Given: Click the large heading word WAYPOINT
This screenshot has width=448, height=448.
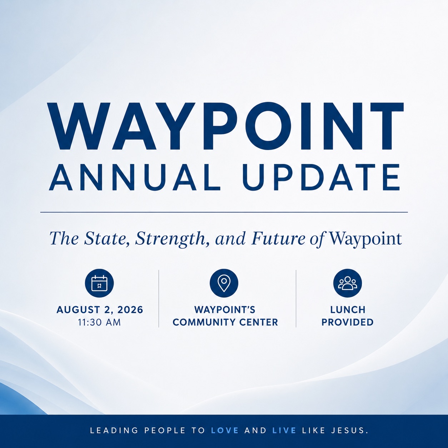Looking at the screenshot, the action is pyautogui.click(x=225, y=126).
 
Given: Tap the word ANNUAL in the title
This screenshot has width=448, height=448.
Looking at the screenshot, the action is pyautogui.click(x=135, y=177).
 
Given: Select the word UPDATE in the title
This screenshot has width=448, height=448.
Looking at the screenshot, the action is pyautogui.click(x=321, y=177).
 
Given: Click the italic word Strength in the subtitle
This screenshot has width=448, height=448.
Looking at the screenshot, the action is pyautogui.click(x=170, y=239).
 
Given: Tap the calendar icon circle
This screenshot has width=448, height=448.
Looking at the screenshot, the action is pyautogui.click(x=100, y=283).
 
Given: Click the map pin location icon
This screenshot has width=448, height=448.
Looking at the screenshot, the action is pyautogui.click(x=224, y=283).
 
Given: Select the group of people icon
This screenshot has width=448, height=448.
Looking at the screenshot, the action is pyautogui.click(x=348, y=283).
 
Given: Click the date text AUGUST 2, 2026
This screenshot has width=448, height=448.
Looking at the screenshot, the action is pyautogui.click(x=100, y=310).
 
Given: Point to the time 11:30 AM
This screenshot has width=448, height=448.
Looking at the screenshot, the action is pyautogui.click(x=100, y=323).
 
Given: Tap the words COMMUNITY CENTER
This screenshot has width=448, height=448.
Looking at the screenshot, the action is pyautogui.click(x=225, y=322).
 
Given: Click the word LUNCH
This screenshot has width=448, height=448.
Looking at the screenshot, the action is pyautogui.click(x=348, y=310).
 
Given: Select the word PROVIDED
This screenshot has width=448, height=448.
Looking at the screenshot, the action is pyautogui.click(x=348, y=322).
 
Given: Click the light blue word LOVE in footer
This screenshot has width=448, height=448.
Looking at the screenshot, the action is pyautogui.click(x=225, y=430).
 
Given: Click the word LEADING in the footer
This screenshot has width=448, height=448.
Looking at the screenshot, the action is pyautogui.click(x=114, y=430).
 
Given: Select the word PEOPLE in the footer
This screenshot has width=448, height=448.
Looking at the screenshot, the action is pyautogui.click(x=165, y=430).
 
